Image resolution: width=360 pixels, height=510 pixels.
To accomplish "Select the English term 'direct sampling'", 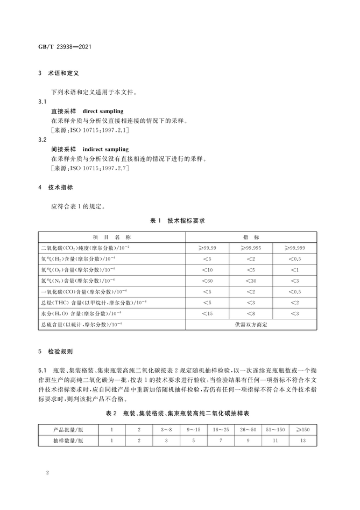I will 103,111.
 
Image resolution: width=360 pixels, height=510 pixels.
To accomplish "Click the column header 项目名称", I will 112,237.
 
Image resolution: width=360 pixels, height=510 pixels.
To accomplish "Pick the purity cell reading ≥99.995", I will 251,248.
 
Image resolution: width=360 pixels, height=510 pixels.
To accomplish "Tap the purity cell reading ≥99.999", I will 294,248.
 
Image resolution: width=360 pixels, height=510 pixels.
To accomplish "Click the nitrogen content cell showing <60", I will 208,281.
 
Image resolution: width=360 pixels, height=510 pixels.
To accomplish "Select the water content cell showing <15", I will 208,313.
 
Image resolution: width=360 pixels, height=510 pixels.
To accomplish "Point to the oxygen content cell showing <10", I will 208,270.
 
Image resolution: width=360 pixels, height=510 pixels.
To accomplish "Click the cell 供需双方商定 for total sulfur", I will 251,325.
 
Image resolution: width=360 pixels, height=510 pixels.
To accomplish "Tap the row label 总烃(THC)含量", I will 83,303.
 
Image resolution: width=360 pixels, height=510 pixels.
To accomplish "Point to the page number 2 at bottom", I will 48,473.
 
